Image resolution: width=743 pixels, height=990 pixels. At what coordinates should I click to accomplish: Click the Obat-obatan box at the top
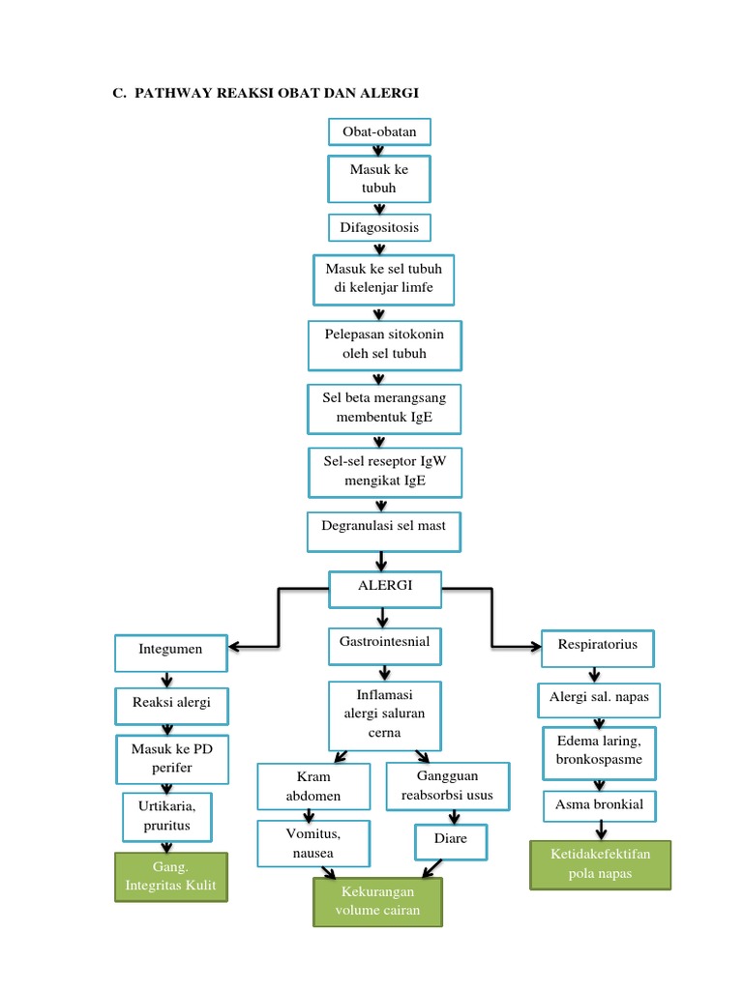(x=379, y=131)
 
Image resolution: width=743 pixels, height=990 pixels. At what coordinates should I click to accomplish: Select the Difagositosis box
(x=379, y=227)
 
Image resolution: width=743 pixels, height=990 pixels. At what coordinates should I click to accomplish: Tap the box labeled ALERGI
(x=385, y=587)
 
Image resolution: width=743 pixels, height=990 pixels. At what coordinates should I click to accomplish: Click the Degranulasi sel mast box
(x=384, y=529)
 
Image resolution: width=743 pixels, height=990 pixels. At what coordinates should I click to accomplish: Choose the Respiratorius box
(x=597, y=646)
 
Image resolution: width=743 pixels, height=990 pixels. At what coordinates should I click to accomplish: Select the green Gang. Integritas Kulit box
(x=171, y=877)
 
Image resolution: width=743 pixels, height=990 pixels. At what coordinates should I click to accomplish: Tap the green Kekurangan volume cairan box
(x=378, y=901)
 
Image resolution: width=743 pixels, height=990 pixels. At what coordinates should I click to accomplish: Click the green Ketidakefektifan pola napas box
(x=601, y=864)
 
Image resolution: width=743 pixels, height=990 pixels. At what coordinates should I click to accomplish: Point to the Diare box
(x=451, y=840)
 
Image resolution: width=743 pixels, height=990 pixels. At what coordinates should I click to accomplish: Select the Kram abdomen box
(x=314, y=787)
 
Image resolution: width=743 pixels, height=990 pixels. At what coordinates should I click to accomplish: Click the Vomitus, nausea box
(x=313, y=842)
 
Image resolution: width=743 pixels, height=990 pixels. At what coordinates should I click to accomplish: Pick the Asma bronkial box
(x=599, y=804)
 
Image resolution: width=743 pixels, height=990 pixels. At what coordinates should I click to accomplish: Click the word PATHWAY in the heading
(x=180, y=93)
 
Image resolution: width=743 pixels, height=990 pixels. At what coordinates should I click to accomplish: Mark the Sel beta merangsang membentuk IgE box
(x=384, y=408)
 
